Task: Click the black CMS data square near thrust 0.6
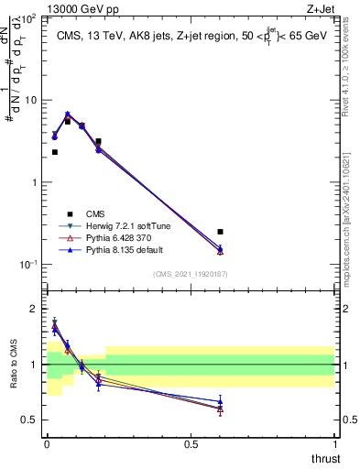click(220, 232)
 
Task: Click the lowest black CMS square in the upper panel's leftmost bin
click(55, 152)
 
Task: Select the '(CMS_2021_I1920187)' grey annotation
click(191, 273)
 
